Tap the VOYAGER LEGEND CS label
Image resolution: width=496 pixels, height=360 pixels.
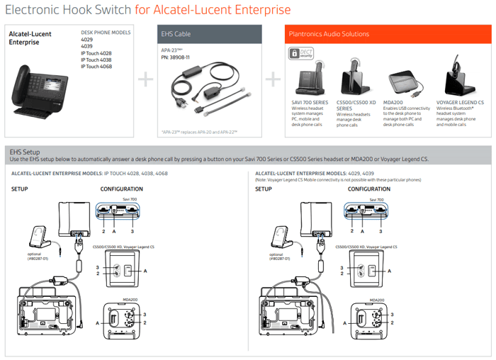[x=460, y=103]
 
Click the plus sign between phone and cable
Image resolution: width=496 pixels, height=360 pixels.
[x=145, y=79]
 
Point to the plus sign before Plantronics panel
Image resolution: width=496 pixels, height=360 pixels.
[x=271, y=79]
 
